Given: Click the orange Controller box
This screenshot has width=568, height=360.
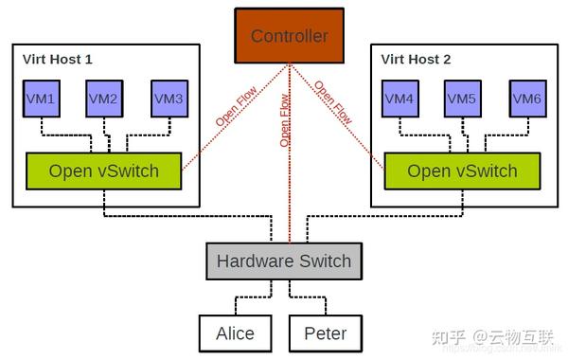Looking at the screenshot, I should pyautogui.click(x=289, y=37).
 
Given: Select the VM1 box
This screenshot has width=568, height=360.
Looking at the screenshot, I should pyautogui.click(x=39, y=99).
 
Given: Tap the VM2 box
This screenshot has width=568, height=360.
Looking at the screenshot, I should pyautogui.click(x=104, y=99).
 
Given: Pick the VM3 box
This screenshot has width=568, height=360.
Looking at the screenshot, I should pyautogui.click(x=169, y=99).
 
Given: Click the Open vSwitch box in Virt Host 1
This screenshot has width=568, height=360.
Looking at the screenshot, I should pyautogui.click(x=105, y=171).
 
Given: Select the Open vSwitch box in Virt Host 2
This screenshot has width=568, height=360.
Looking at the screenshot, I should pyautogui.click(x=462, y=171).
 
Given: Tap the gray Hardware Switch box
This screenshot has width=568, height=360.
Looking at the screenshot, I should pyautogui.click(x=283, y=261).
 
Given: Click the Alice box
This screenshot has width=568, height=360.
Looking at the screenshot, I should pyautogui.click(x=234, y=333).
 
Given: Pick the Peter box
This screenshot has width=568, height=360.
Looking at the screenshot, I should pyautogui.click(x=325, y=333).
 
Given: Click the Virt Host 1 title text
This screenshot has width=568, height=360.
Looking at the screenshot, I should pyautogui.click(x=57, y=59).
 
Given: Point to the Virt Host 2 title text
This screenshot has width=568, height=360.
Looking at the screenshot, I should pyautogui.click(x=416, y=59).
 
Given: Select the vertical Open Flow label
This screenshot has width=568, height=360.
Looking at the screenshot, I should pyautogui.click(x=284, y=118).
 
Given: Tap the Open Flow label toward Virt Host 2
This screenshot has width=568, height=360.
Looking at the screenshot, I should pyautogui.click(x=332, y=104).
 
